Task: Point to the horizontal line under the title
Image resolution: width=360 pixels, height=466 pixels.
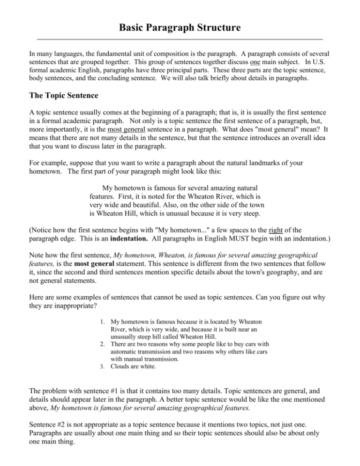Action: tap(180, 39)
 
